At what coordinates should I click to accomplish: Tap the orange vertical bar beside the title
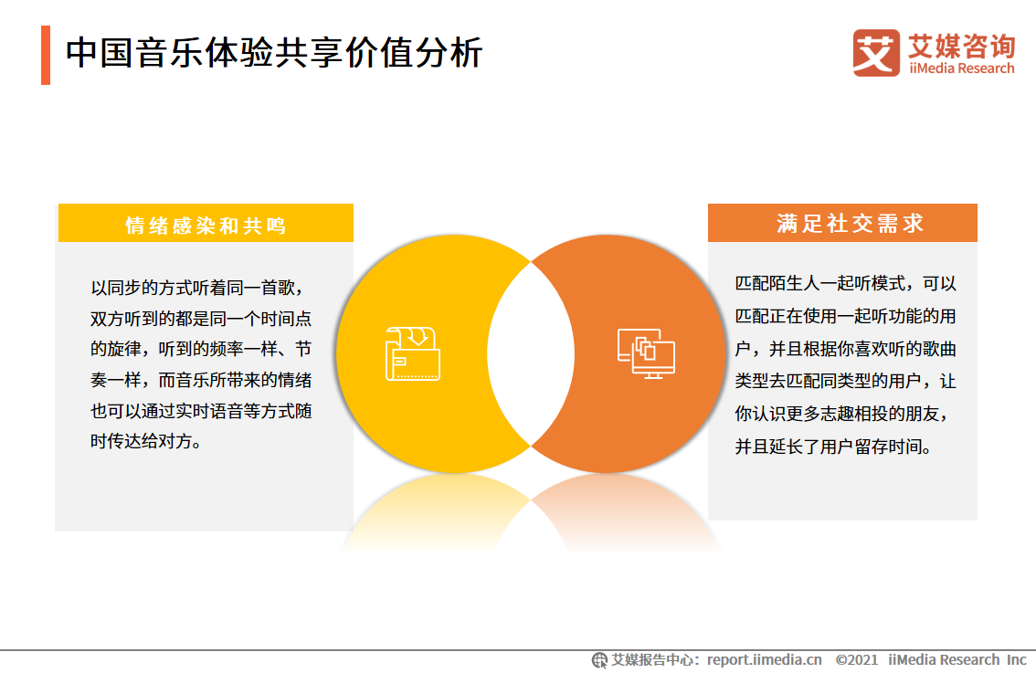point(46,55)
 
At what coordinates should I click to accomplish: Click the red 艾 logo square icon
point(875,52)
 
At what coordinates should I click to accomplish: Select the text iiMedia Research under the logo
point(961,68)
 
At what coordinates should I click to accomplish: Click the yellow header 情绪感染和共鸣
point(206,224)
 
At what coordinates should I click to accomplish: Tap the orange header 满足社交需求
point(842,223)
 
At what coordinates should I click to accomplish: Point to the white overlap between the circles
point(531,354)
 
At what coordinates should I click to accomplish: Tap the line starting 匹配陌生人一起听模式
point(846,284)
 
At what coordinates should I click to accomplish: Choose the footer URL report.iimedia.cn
point(764,659)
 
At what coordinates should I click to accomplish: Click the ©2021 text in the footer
point(857,659)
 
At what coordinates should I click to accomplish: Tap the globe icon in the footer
point(599,659)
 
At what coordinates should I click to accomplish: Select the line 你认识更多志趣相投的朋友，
point(846,415)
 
